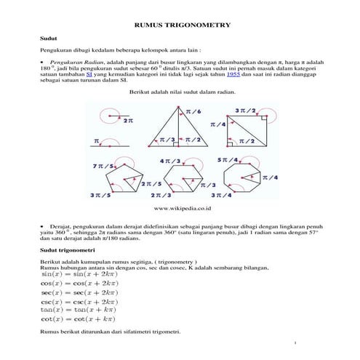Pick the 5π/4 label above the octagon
point(226,159)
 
